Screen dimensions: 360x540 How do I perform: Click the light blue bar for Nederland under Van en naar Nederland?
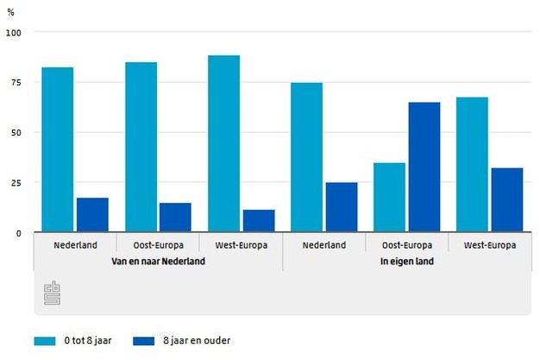coord(57,150)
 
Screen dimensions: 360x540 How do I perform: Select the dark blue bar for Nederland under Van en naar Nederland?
coord(92,215)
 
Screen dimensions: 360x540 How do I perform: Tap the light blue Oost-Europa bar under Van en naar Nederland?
coord(141,148)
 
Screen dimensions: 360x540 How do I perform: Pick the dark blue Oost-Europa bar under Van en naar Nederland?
coord(175,218)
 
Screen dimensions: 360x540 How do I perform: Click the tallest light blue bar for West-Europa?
coord(223,144)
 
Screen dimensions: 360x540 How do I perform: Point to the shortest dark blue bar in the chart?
coord(259,221)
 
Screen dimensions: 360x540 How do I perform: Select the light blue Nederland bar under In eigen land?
coord(306,158)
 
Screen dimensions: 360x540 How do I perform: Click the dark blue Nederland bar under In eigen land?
coord(342,207)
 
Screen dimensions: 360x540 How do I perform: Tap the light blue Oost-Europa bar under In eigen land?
coord(389,198)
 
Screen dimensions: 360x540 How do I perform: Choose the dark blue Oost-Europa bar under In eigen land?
coord(424,167)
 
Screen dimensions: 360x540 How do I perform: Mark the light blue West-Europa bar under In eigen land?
coord(472,165)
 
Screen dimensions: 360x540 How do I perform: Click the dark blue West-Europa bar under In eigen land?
coord(507,200)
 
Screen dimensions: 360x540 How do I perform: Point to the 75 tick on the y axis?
coord(16,82)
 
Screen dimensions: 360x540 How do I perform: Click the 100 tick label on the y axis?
coord(13,32)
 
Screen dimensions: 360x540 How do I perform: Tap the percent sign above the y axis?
coord(11,12)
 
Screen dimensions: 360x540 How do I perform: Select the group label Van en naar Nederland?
coord(159,261)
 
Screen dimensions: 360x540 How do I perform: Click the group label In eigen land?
coord(407,261)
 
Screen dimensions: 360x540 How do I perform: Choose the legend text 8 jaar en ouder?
coord(198,340)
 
